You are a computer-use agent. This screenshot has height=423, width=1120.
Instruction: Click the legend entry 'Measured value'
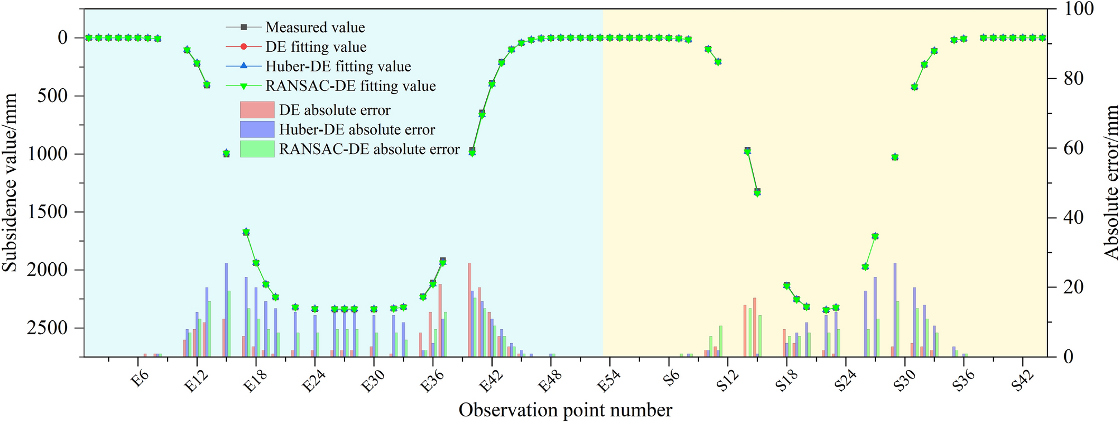click(x=315, y=27)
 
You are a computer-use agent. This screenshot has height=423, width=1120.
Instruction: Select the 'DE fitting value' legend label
click(x=316, y=47)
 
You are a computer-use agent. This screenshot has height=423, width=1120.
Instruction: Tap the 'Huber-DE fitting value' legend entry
click(x=338, y=66)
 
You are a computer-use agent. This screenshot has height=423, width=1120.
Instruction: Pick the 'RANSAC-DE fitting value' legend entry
click(x=350, y=86)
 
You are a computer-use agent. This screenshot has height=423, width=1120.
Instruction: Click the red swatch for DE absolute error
click(x=257, y=110)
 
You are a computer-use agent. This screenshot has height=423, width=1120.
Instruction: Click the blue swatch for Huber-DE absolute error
click(x=257, y=129)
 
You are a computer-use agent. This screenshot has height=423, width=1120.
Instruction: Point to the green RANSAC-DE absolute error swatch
click(x=257, y=149)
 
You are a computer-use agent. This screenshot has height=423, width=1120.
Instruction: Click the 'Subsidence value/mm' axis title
click(x=9, y=182)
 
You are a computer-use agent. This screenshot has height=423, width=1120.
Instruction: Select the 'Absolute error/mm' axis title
click(x=1111, y=182)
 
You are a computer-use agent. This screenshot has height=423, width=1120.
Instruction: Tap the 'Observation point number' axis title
click(x=565, y=410)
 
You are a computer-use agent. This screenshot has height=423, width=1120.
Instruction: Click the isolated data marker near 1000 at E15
click(x=226, y=153)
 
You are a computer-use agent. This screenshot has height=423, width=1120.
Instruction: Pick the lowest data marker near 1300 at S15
click(x=757, y=192)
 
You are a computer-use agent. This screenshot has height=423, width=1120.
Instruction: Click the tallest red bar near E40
click(x=470, y=310)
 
